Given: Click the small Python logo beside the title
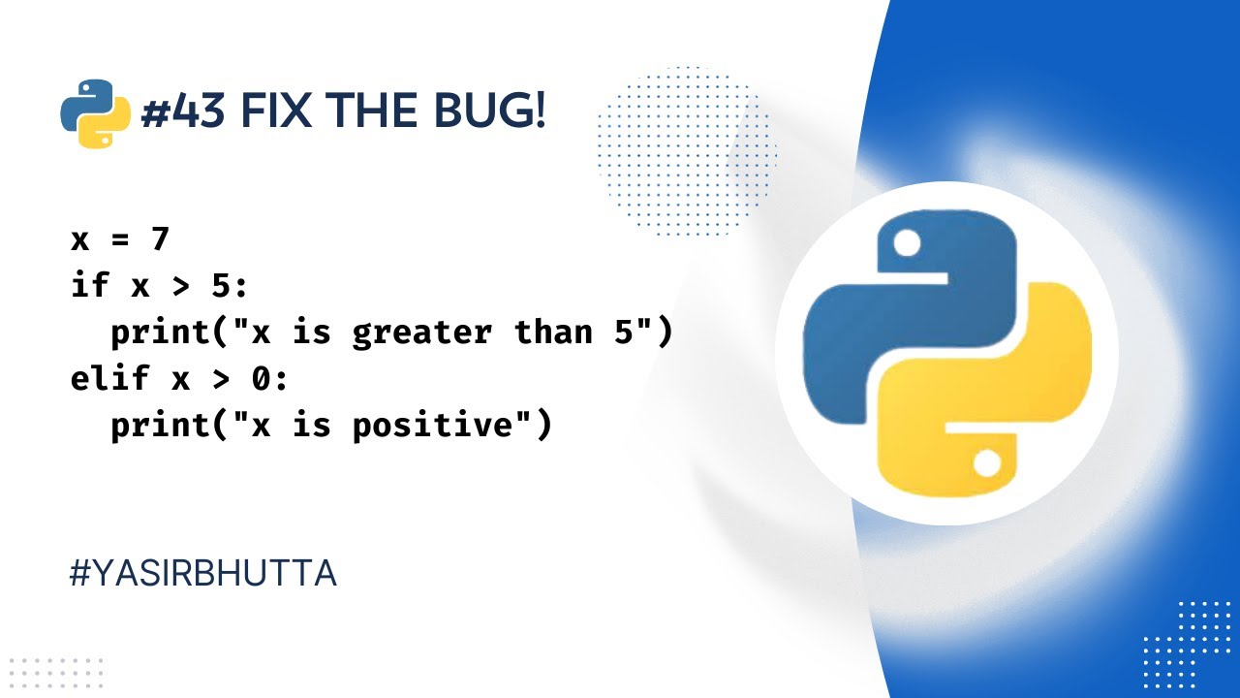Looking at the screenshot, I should [x=95, y=113].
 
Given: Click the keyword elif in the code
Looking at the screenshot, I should [x=110, y=378].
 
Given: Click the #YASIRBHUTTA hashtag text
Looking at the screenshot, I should [x=203, y=574].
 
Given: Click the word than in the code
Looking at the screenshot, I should [x=553, y=332].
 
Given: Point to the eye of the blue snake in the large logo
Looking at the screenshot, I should [x=907, y=244].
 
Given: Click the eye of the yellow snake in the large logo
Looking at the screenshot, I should [x=986, y=464].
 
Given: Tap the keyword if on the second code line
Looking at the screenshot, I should [x=90, y=285].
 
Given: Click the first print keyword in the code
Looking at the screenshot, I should [x=161, y=333].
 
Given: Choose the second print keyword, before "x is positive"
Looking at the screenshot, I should [x=161, y=426].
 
